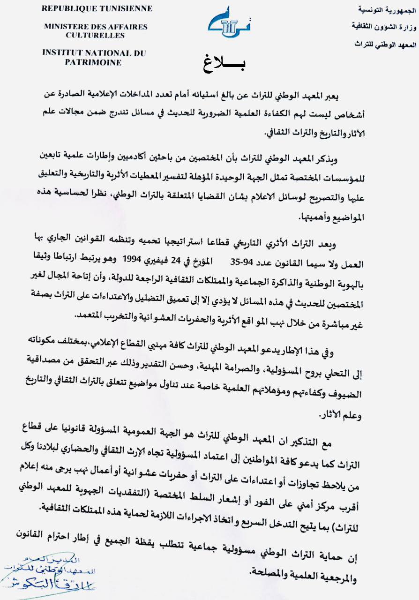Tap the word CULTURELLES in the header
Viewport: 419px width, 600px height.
[x=95, y=35]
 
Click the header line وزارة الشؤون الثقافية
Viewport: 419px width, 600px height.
[x=376, y=26]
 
